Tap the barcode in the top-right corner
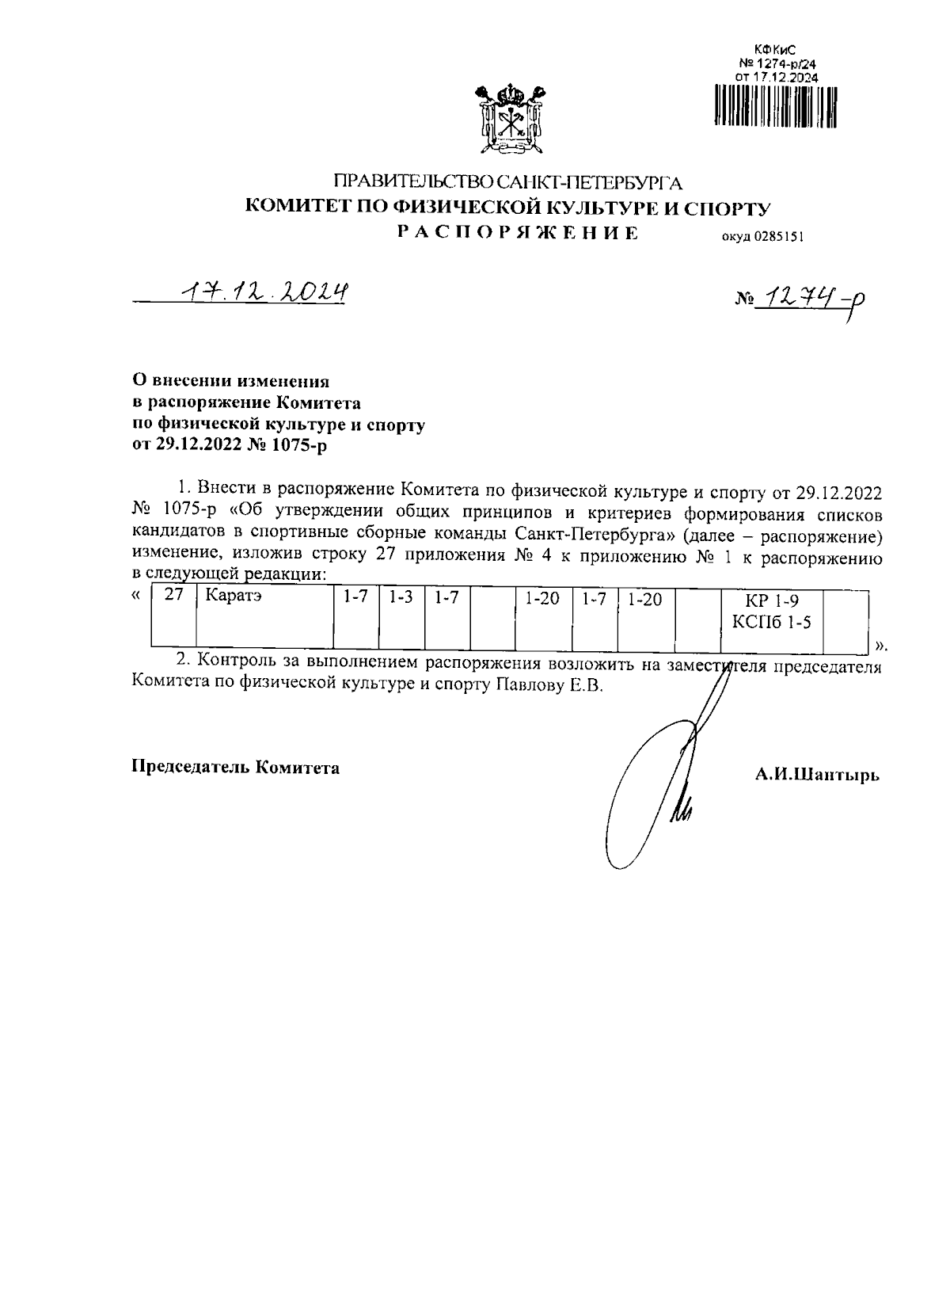pos(775,105)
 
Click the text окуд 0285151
pos(762,236)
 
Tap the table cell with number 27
pos(173,617)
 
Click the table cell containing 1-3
pos(402,617)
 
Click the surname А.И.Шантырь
pos(817,774)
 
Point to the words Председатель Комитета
pos(235,767)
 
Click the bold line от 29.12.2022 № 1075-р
pos(228,445)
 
